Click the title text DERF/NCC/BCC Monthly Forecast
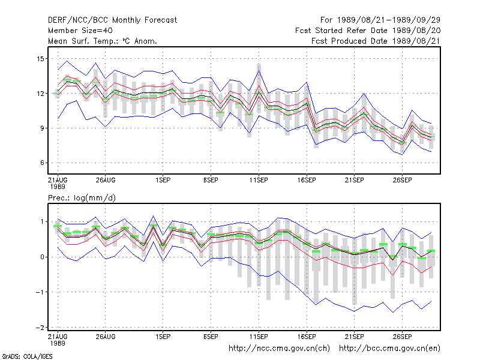coord(112,20)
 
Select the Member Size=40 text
coord(80,31)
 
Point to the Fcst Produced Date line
coord(376,41)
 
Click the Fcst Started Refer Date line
coord(368,31)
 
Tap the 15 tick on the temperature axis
coord(40,58)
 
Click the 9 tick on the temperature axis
coord(42,128)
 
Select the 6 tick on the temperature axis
coord(42,163)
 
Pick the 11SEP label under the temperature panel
coord(259,181)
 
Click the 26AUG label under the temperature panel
coord(106,181)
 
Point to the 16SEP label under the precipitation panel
coord(307,337)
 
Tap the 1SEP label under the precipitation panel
coord(163,337)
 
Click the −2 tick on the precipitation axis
coord(40,327)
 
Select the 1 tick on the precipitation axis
coord(43,221)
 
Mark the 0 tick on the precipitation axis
coord(42,257)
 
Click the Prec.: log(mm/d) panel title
coord(82,198)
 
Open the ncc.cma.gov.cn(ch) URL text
coord(279,349)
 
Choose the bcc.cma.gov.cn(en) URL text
coord(389,349)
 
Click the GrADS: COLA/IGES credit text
coord(27,356)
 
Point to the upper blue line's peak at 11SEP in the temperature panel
coord(259,70)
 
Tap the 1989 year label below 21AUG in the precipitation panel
coord(58,343)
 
